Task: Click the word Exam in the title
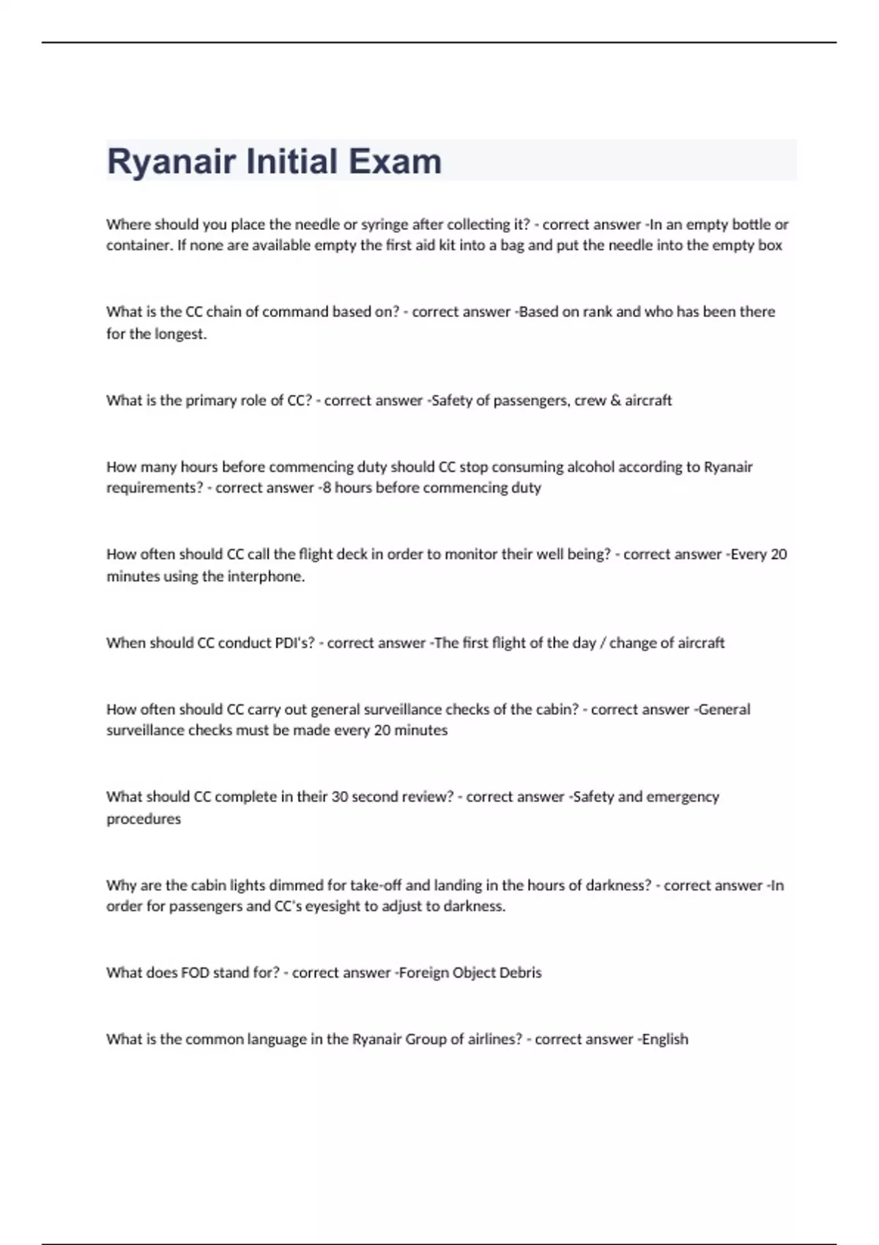point(395,161)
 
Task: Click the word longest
point(181,334)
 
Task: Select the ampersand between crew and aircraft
point(615,401)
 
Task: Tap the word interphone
point(266,576)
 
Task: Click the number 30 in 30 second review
point(340,797)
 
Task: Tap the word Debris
point(520,973)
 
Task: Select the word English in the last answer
point(665,1039)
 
